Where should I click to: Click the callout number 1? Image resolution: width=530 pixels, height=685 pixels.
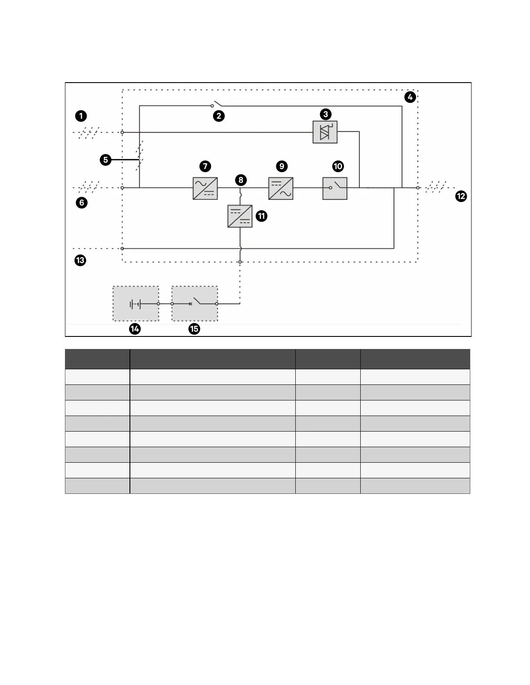(x=81, y=116)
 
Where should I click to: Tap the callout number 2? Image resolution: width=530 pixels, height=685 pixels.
(x=219, y=116)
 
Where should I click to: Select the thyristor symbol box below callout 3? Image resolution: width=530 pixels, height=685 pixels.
(x=325, y=132)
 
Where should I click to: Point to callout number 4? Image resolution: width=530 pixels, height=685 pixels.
(x=410, y=97)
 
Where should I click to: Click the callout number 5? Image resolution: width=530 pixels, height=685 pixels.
(x=105, y=160)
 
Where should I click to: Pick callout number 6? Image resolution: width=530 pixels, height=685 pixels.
(x=81, y=202)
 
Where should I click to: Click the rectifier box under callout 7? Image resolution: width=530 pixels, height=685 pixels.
(x=205, y=188)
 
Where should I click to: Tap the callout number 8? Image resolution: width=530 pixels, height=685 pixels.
(x=241, y=180)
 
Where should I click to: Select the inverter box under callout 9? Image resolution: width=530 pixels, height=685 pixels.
(x=281, y=188)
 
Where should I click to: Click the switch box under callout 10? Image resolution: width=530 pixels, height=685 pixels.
(x=335, y=188)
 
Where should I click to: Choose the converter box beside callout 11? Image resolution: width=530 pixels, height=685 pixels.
(x=240, y=216)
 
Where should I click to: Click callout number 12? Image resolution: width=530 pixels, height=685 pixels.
(x=461, y=196)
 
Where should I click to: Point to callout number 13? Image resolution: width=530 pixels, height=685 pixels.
(x=80, y=260)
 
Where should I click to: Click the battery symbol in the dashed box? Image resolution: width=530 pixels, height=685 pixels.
(x=136, y=304)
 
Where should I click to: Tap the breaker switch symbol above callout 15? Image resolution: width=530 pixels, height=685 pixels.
(x=195, y=303)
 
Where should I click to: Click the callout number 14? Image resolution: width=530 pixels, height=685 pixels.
(x=135, y=329)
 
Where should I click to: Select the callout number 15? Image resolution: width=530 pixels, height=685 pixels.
(x=194, y=329)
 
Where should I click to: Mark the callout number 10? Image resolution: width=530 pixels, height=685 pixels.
(x=338, y=166)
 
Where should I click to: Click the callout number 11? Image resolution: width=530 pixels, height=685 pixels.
(x=262, y=216)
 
